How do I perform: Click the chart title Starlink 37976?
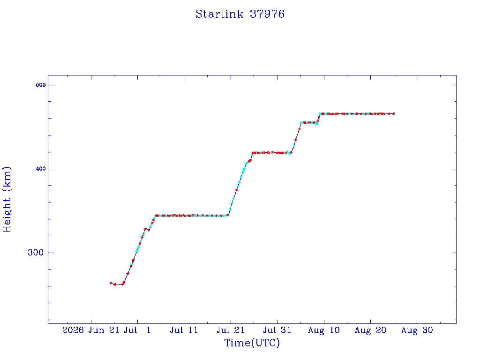coord(240,14)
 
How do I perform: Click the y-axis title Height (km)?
coord(7,200)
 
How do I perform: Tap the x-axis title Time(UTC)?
coord(252,343)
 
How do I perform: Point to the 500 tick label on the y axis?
coord(41,85)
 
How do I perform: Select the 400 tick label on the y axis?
coord(41,169)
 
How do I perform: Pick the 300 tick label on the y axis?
coord(36,253)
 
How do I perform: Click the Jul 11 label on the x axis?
coord(184,330)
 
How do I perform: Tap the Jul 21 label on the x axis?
coord(231,330)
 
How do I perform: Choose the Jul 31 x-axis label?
coord(277,330)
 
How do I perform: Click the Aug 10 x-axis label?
coord(324,330)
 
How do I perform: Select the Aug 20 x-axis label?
coord(370,330)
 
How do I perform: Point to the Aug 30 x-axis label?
coord(417,330)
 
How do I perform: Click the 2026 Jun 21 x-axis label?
coord(90,330)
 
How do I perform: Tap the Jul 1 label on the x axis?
coord(137,330)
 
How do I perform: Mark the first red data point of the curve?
coord(111,283)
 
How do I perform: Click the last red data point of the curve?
coord(394,113)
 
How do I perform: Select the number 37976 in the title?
coord(267,14)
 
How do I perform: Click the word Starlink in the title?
coord(219,14)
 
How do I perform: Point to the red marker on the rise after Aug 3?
coord(295,140)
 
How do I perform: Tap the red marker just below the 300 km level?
coord(133,261)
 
